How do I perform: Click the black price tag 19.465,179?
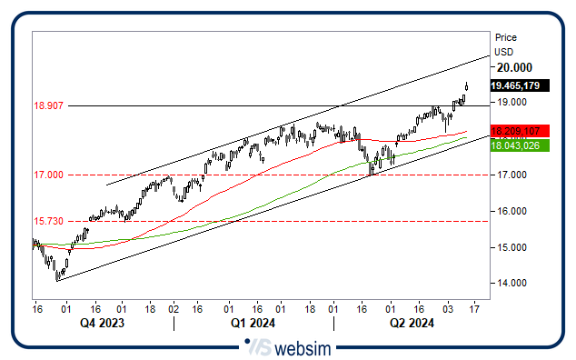click(x=515, y=85)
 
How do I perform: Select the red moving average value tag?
click(x=515, y=131)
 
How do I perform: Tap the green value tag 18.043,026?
click(x=515, y=145)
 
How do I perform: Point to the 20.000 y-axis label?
click(x=513, y=67)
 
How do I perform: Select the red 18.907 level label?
click(x=47, y=105)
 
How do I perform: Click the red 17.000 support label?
click(x=47, y=175)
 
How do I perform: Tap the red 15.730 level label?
click(x=47, y=221)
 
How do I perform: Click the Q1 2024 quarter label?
click(x=252, y=322)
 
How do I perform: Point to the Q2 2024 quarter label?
click(x=412, y=322)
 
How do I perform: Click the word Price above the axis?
click(x=506, y=37)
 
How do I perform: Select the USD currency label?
click(x=503, y=52)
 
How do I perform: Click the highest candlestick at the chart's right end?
click(x=466, y=86)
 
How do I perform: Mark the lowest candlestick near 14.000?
click(x=56, y=275)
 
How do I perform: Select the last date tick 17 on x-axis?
click(x=473, y=309)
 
